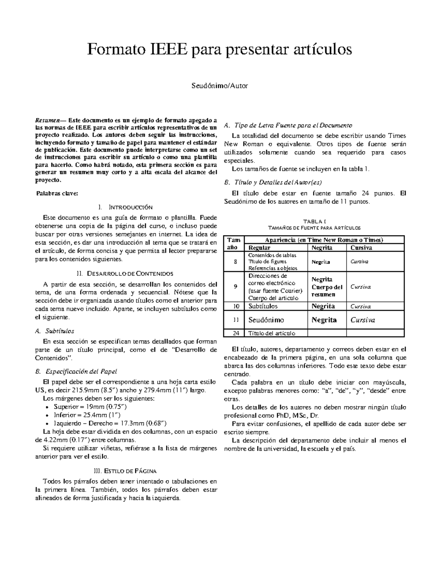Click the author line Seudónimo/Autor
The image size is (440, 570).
(x=220, y=86)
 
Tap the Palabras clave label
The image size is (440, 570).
(x=57, y=193)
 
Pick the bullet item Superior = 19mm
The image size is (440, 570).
(x=90, y=407)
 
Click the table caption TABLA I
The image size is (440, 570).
(x=315, y=221)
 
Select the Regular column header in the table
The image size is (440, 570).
(x=259, y=248)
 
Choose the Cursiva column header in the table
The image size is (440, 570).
(x=361, y=248)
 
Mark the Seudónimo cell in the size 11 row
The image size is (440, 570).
(x=266, y=320)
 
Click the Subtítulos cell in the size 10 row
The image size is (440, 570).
(x=263, y=306)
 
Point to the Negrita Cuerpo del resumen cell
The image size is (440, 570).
(x=327, y=287)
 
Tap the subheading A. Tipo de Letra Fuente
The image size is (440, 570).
(x=288, y=125)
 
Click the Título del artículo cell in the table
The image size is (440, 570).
(x=272, y=333)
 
